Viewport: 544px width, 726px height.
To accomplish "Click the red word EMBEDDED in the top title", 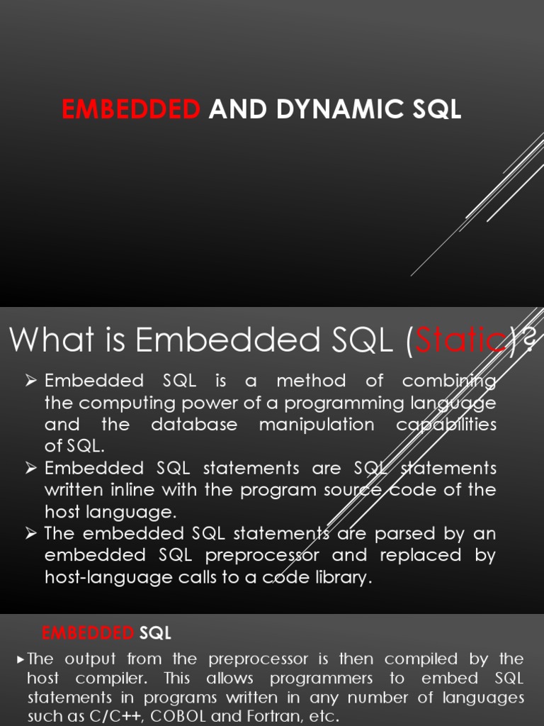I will [131, 110].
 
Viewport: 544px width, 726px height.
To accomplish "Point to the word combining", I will [449, 381].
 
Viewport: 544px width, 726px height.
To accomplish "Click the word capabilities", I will [446, 425].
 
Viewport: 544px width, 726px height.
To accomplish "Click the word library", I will [337, 577].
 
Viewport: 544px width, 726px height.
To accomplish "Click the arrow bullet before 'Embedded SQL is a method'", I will [30, 381].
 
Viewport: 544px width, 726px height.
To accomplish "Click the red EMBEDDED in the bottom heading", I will [88, 632].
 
